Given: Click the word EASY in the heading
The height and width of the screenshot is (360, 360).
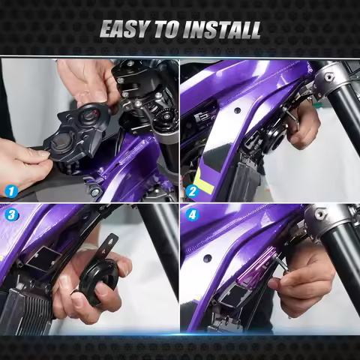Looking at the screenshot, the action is click(x=123, y=30).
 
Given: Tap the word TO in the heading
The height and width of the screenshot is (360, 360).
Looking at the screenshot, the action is click(x=165, y=30).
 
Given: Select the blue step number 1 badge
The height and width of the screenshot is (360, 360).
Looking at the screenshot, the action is click(x=11, y=191).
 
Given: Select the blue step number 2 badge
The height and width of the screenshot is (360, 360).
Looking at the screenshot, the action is click(x=192, y=191).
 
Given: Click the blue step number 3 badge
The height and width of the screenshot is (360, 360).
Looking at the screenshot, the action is click(x=11, y=214).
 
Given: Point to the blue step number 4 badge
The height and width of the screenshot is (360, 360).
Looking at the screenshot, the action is click(x=192, y=214).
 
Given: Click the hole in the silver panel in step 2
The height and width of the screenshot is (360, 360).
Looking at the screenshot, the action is click(x=238, y=109).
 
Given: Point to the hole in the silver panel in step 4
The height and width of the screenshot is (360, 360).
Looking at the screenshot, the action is click(x=207, y=257).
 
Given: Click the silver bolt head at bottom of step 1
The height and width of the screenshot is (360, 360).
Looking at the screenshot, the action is click(x=94, y=192).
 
